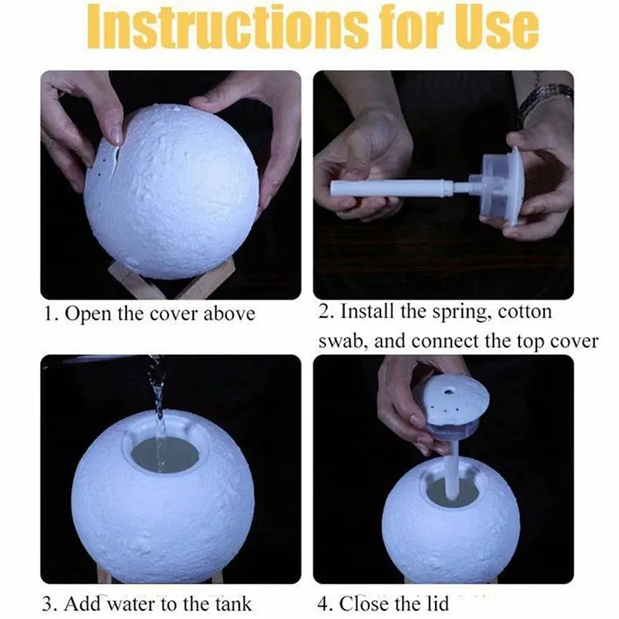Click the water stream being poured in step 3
tap(158, 410)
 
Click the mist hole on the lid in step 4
tap(448, 392)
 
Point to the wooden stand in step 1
tap(171, 281)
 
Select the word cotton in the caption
tap(525, 312)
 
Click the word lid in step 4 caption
tap(437, 604)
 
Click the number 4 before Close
tap(324, 605)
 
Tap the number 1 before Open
tap(50, 315)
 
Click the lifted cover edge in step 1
tap(106, 162)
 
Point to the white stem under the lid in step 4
tap(452, 470)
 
